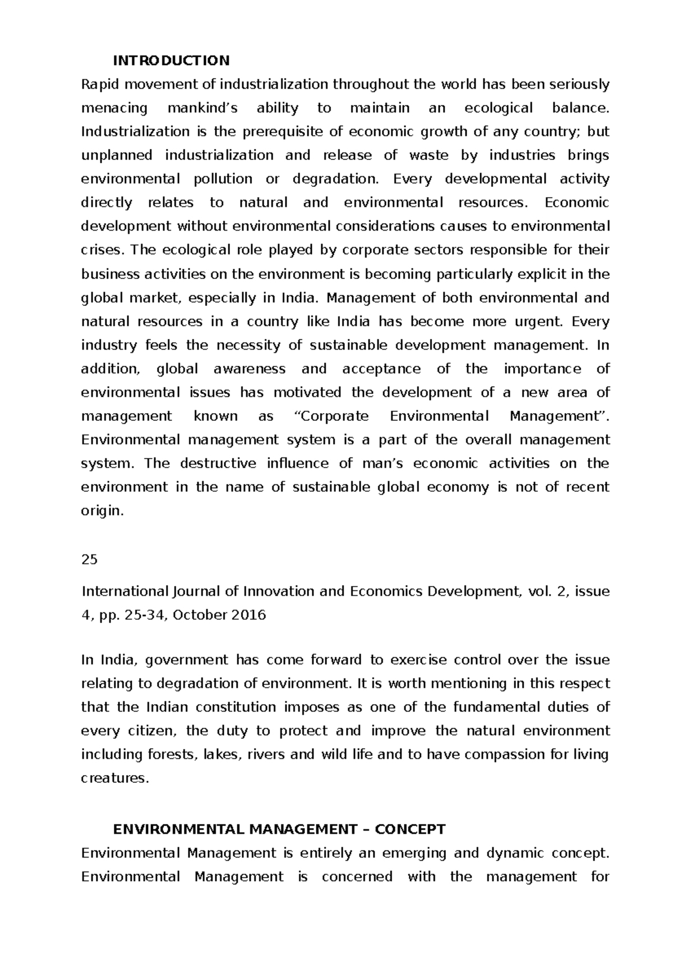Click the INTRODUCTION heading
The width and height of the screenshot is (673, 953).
(171, 61)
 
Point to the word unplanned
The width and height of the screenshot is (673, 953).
(117, 155)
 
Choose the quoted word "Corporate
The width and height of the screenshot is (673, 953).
(331, 416)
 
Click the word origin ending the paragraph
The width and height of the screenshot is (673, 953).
(101, 511)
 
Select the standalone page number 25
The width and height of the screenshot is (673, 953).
(89, 560)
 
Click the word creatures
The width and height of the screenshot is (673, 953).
(115, 778)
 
